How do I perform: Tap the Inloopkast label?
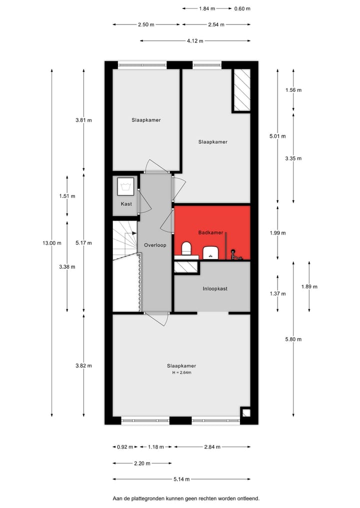pos(215,288)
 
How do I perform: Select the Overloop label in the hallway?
pos(155,245)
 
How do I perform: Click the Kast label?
pos(126,204)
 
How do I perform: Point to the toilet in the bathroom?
pos(186,248)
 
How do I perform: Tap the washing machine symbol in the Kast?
pos(125,187)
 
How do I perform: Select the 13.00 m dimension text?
pos(51,243)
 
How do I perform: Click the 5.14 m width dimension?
pos(181,480)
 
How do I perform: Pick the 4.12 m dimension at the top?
pos(195,41)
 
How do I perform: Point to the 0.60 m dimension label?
pos(242,8)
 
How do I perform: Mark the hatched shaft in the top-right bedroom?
pos(241,89)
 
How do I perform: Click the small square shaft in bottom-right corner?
pos(245,412)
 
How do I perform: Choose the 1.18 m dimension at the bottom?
pos(155,447)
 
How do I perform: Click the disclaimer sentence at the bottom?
pos(186,499)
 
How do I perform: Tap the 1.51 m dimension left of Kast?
pos(67,196)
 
